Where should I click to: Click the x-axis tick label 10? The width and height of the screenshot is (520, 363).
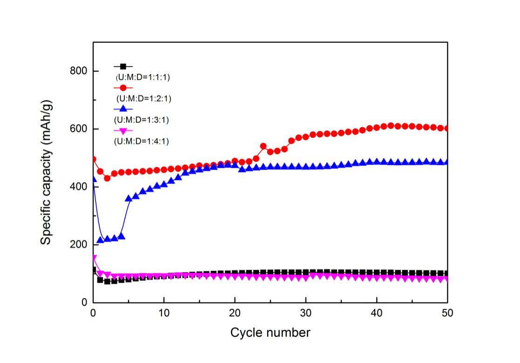(x=164, y=313)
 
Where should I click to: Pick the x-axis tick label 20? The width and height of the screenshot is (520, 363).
(x=235, y=313)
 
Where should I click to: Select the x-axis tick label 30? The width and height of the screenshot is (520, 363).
(x=305, y=313)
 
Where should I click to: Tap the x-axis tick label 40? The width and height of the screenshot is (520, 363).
(x=377, y=313)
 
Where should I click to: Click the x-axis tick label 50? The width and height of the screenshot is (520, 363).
(x=447, y=313)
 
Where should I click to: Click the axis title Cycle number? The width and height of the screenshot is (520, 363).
(x=270, y=333)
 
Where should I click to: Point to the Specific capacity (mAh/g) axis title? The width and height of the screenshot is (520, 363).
(x=46, y=172)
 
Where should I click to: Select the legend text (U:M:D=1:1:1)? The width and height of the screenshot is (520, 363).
(x=143, y=77)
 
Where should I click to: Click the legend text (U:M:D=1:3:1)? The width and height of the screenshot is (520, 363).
(x=142, y=120)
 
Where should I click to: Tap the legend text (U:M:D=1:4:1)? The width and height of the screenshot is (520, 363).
(x=142, y=141)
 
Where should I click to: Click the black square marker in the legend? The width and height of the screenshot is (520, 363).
(x=123, y=67)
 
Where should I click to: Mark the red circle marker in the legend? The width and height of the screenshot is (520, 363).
(x=123, y=88)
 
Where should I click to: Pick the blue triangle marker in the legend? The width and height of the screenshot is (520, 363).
(x=123, y=109)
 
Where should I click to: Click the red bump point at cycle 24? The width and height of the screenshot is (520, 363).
(x=263, y=146)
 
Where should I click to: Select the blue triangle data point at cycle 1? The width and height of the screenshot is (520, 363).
(x=100, y=240)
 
